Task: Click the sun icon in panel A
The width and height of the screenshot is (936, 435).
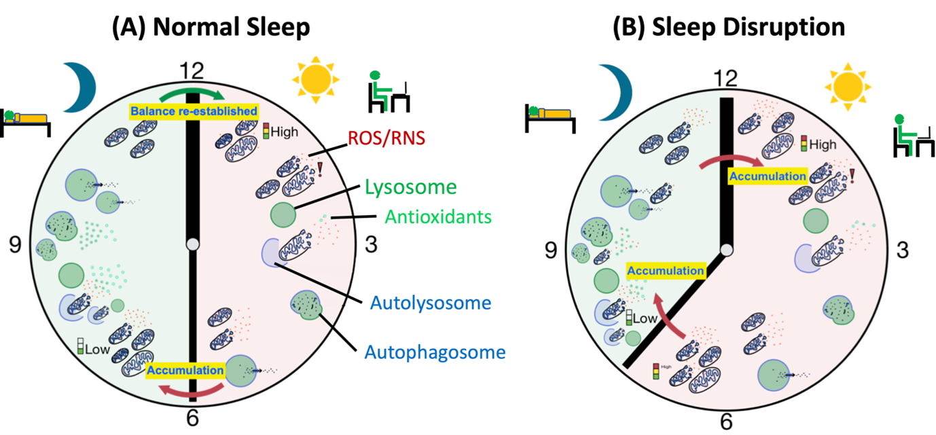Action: (314, 80)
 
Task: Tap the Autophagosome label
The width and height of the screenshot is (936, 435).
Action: (435, 352)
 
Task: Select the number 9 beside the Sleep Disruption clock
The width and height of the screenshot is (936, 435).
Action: (551, 251)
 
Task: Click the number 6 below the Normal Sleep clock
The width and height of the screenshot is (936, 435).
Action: (193, 418)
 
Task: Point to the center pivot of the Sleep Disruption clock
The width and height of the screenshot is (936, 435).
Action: (727, 250)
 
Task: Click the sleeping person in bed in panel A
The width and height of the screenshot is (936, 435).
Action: (26, 121)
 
